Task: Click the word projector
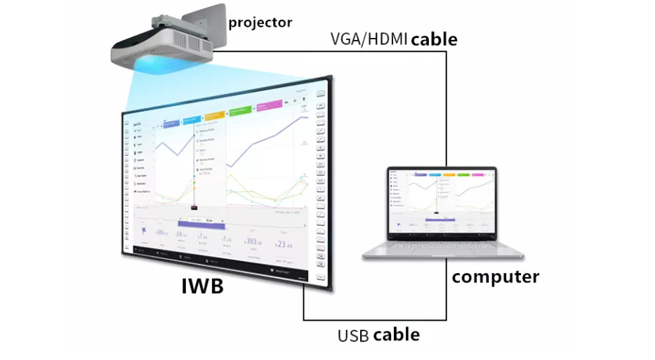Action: (x=260, y=22)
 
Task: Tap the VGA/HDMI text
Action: (x=369, y=39)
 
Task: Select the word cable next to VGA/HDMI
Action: (x=434, y=39)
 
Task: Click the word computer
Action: (x=495, y=276)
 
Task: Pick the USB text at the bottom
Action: (x=353, y=335)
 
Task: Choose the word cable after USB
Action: (x=397, y=334)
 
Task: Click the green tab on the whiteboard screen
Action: (x=242, y=111)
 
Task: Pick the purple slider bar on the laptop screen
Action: (x=441, y=219)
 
